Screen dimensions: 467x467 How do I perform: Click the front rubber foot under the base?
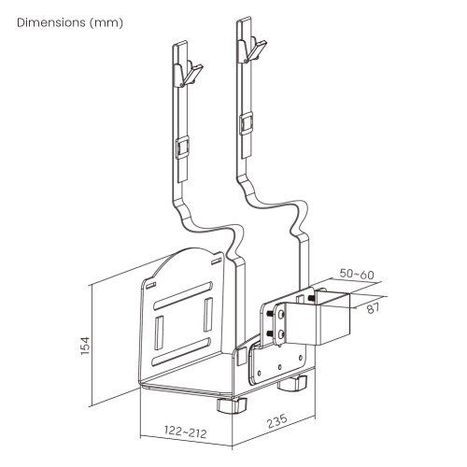(x=228, y=405)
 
